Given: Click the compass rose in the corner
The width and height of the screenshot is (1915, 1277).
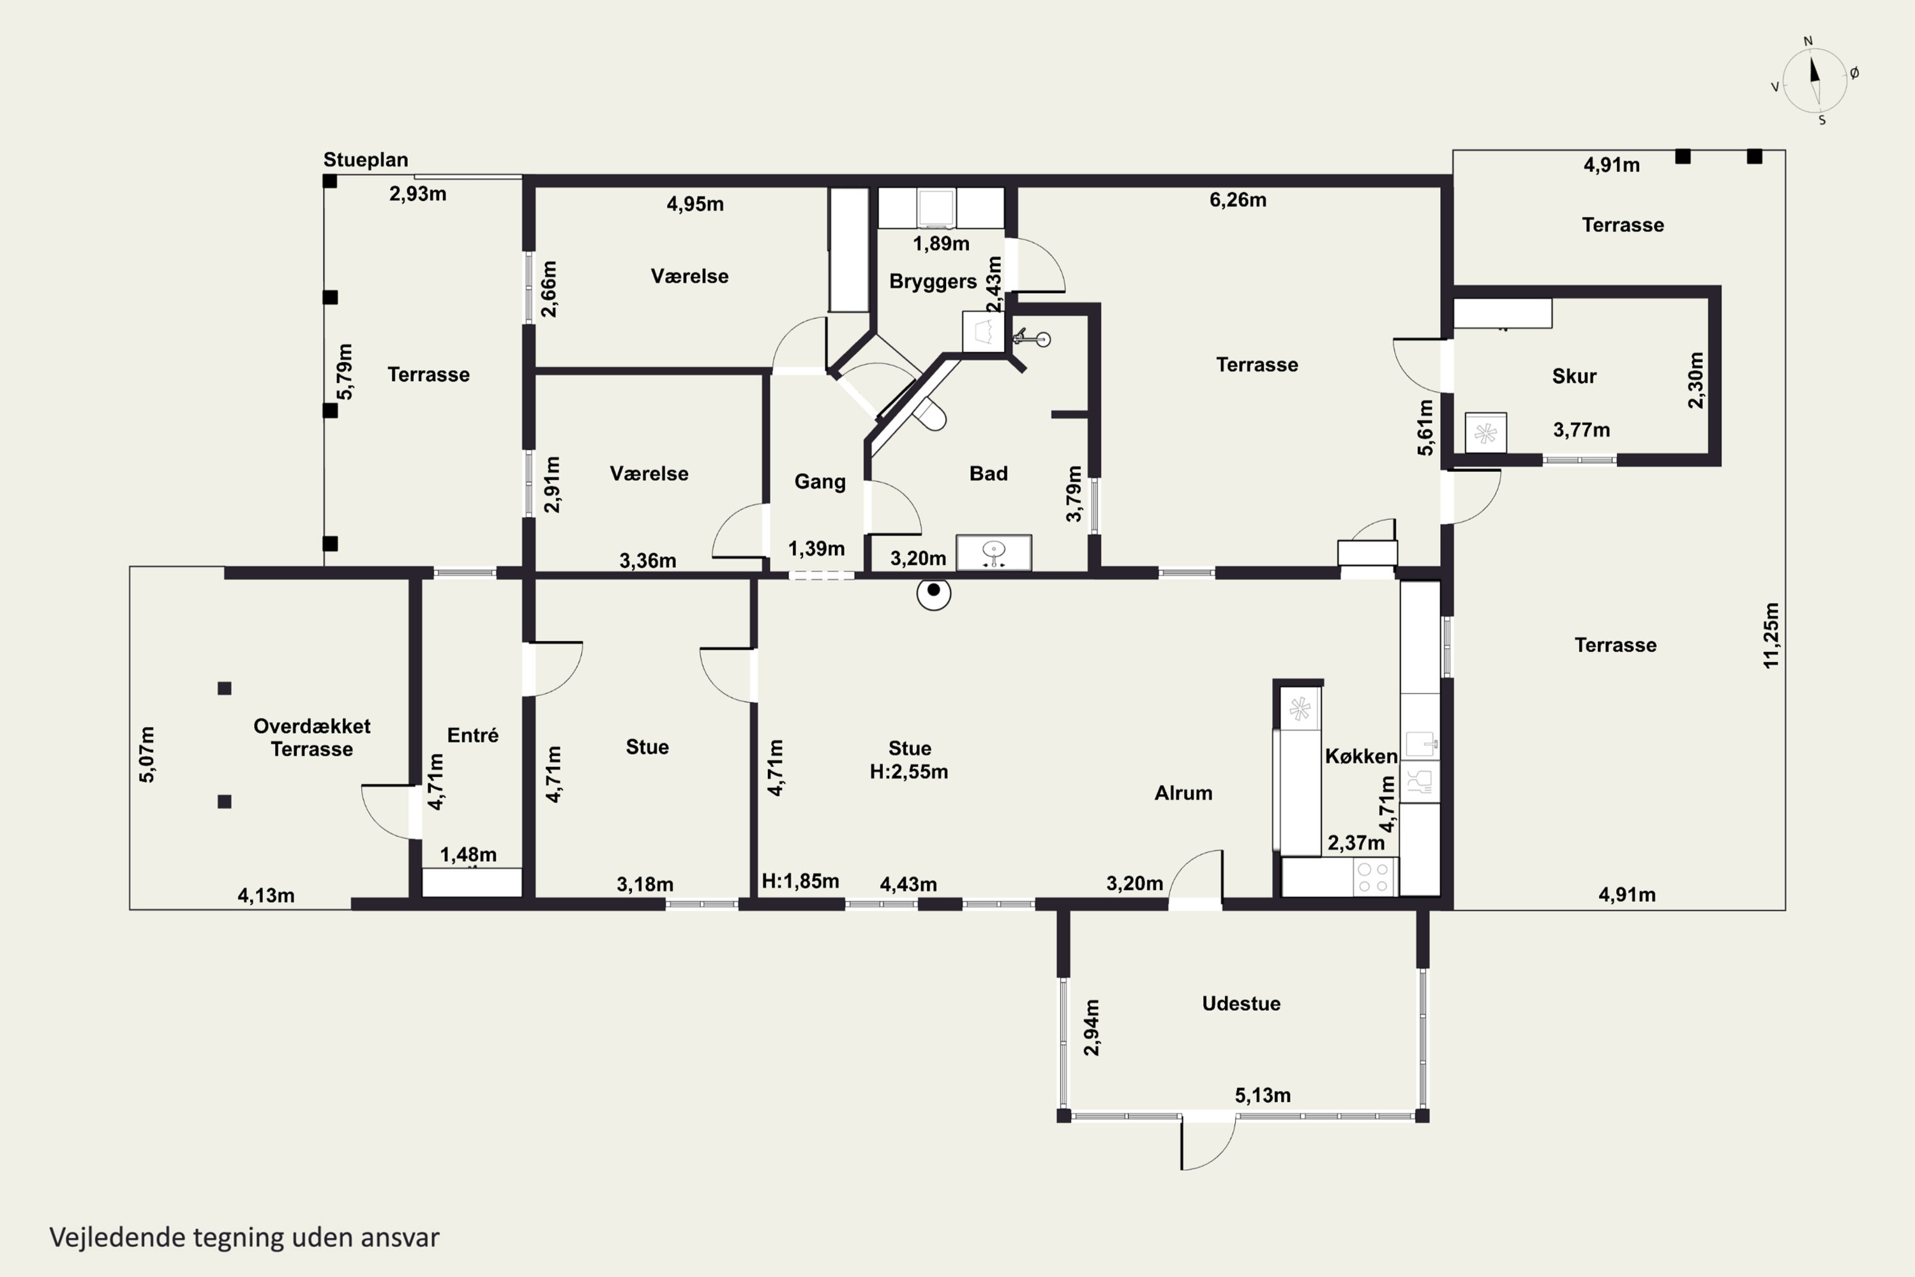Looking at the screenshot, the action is tap(1815, 80).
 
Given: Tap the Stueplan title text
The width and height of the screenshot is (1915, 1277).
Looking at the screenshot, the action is tap(366, 160).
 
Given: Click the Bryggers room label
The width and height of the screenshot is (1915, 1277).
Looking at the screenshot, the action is tap(933, 282).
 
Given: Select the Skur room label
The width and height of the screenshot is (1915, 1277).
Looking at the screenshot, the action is tap(1574, 376).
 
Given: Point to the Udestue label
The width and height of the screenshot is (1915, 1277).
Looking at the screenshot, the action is tap(1241, 1003).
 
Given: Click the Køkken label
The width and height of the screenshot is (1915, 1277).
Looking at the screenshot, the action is tap(1360, 756).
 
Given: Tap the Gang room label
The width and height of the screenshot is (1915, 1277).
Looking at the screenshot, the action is tap(820, 482).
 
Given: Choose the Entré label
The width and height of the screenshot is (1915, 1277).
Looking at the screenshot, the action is tap(472, 735).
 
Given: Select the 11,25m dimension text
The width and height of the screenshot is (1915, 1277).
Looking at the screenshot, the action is tap(1771, 635).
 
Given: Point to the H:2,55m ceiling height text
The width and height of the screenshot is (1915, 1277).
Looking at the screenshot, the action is tap(908, 771).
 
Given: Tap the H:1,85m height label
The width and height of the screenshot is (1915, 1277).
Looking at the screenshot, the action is tap(800, 881).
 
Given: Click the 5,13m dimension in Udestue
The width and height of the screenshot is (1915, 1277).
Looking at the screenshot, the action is tap(1263, 1096).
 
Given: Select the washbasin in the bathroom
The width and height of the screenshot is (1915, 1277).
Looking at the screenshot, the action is tap(993, 552).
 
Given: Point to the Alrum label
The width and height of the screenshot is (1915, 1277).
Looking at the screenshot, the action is tap(1183, 793).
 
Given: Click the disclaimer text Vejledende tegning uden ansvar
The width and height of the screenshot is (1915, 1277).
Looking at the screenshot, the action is tap(244, 1237).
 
